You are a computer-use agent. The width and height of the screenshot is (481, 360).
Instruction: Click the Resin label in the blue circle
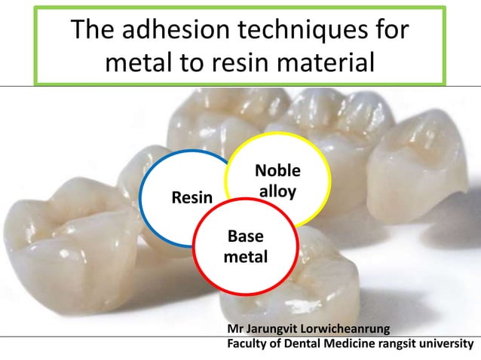[191, 198]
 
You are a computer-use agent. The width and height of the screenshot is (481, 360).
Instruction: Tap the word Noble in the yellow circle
[277, 171]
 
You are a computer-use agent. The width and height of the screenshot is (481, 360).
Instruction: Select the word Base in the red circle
[246, 238]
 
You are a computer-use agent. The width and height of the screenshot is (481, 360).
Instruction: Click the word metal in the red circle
[246, 258]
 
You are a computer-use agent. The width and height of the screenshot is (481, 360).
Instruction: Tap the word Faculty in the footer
[248, 345]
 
